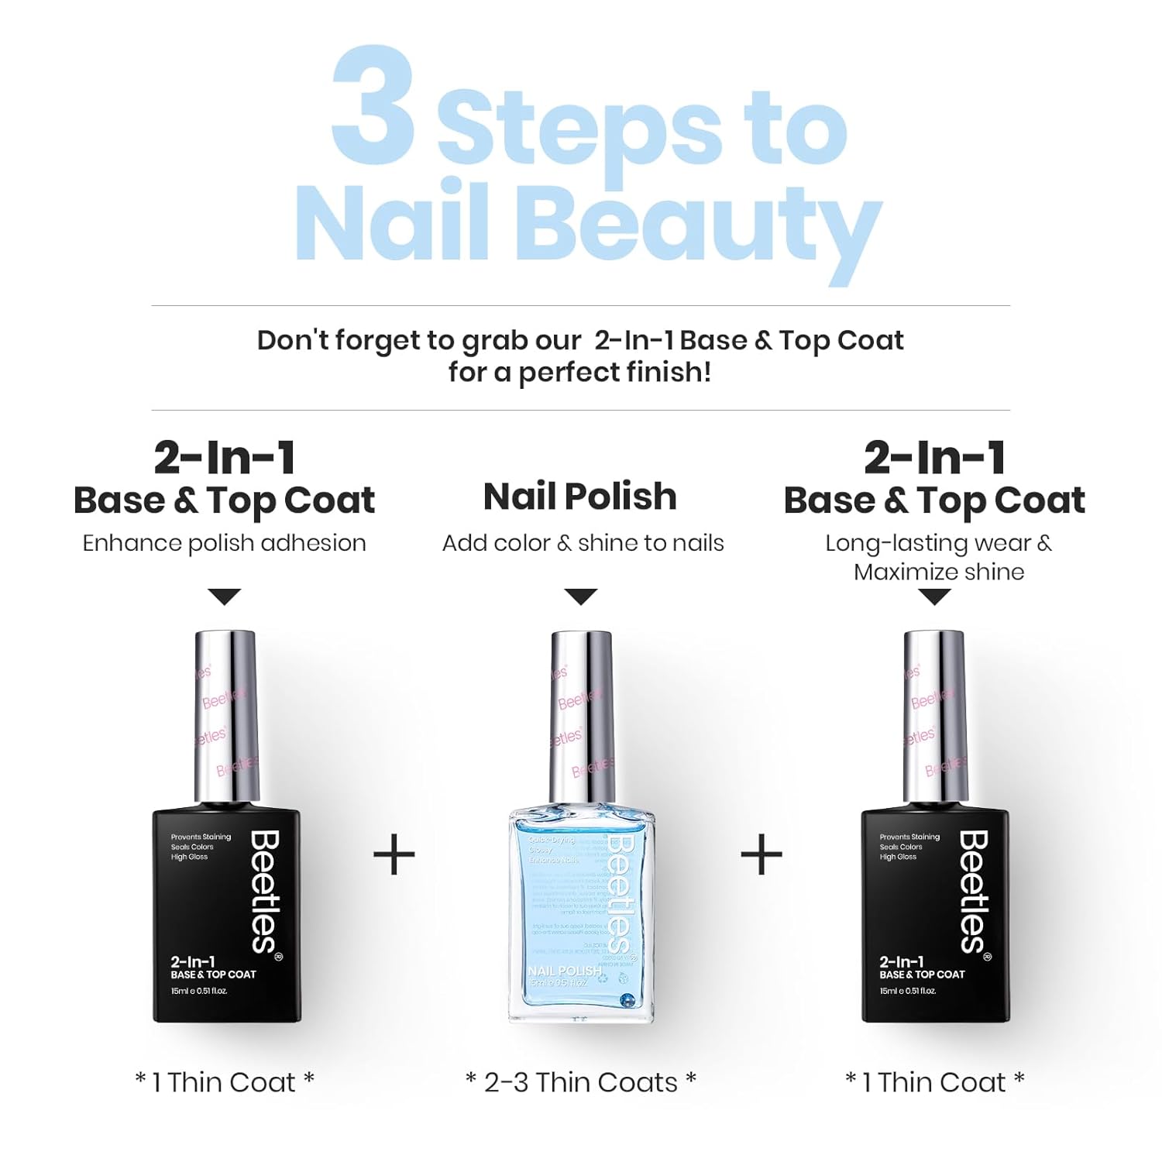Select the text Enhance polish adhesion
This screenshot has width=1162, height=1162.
pyautogui.click(x=224, y=543)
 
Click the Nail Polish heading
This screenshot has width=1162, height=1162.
pyautogui.click(x=580, y=497)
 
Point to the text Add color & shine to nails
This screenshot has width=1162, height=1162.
pyautogui.click(x=583, y=543)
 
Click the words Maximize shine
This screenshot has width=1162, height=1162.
pyautogui.click(x=939, y=572)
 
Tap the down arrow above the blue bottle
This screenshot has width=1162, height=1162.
pyautogui.click(x=581, y=596)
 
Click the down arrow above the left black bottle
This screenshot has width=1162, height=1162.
pyautogui.click(x=225, y=596)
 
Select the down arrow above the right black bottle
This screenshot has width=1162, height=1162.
pyautogui.click(x=935, y=596)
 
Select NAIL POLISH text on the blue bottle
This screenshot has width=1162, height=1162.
pyautogui.click(x=565, y=971)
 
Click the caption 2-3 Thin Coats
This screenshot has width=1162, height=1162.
pyautogui.click(x=581, y=1082)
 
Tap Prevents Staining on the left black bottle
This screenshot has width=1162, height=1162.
pyautogui.click(x=201, y=837)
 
